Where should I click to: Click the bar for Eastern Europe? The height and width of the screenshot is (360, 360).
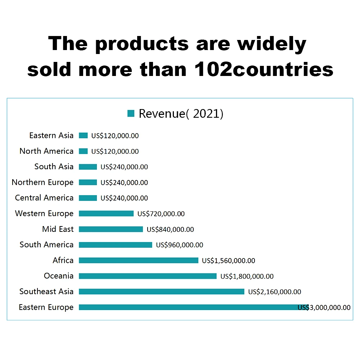click(187, 307)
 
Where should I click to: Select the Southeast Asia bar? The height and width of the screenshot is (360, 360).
click(161, 292)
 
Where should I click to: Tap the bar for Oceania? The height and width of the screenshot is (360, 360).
click(148, 276)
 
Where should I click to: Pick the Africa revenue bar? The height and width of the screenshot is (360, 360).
click(138, 260)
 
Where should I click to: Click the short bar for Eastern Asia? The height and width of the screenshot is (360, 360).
click(83, 136)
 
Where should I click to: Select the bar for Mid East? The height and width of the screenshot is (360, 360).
click(111, 229)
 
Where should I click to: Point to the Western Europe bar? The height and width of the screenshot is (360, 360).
click(106, 213)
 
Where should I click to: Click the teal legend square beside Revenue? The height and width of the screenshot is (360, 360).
click(131, 113)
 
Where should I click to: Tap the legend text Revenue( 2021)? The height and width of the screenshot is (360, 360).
click(181, 114)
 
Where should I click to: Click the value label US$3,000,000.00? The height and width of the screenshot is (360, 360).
click(324, 307)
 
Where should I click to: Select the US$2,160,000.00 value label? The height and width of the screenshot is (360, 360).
click(275, 292)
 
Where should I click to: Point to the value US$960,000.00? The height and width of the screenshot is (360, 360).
click(179, 245)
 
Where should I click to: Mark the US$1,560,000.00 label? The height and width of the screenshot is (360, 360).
click(229, 261)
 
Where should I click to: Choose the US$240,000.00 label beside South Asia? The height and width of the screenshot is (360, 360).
click(124, 167)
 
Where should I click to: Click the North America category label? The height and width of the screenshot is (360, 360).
click(46, 151)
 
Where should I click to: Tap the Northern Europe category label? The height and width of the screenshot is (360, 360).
click(42, 182)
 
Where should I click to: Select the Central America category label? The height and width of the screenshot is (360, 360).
click(44, 198)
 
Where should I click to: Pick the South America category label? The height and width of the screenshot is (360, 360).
click(46, 245)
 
